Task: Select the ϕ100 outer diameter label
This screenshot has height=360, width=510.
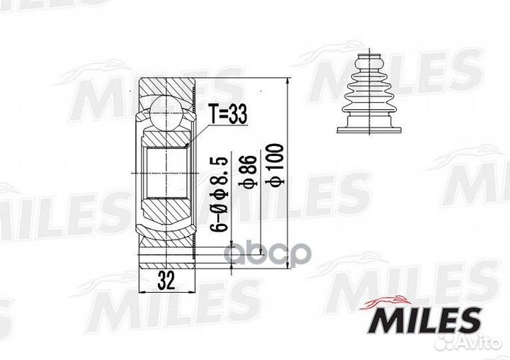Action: (275, 165)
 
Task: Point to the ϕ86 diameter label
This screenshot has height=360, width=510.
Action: (248, 171)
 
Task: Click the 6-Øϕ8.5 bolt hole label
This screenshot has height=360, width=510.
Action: (219, 195)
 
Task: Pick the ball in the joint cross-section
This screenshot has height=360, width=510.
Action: (166, 111)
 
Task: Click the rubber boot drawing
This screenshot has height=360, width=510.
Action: (369, 93)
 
